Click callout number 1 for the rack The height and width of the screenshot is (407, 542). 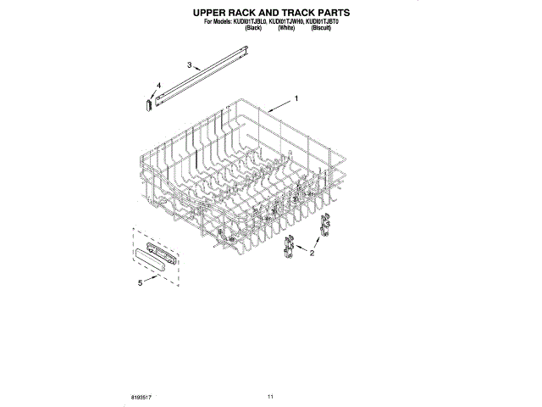pyautogui.click(x=296, y=99)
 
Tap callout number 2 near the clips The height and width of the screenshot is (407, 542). pyautogui.click(x=311, y=253)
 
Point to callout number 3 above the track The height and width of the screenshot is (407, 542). pyautogui.click(x=189, y=64)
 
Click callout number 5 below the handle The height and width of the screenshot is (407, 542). pyautogui.click(x=141, y=282)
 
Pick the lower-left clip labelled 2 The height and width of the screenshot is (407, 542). pyautogui.click(x=288, y=248)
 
